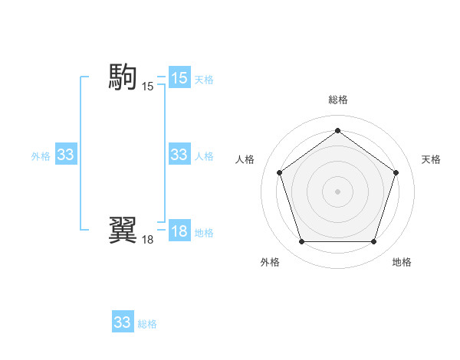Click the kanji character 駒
(x=123, y=77)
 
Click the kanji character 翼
(x=123, y=229)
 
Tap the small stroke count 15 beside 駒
(x=147, y=87)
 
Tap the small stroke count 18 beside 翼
(x=147, y=240)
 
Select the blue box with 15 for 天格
(x=179, y=78)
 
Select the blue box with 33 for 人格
(x=179, y=155)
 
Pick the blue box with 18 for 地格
(x=179, y=231)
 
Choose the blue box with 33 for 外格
(x=65, y=155)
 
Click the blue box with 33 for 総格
(x=122, y=322)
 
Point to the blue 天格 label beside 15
(x=204, y=79)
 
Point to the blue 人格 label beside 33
(x=204, y=155)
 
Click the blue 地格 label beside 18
(x=204, y=232)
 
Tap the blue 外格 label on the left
(x=41, y=155)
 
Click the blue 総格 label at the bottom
(x=147, y=323)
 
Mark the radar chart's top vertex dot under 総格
(x=337, y=130)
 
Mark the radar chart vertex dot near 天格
(x=396, y=172)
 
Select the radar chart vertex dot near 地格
(x=373, y=241)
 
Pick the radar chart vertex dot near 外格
(x=301, y=241)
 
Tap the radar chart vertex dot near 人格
(x=279, y=172)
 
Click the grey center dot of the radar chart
(x=337, y=191)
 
